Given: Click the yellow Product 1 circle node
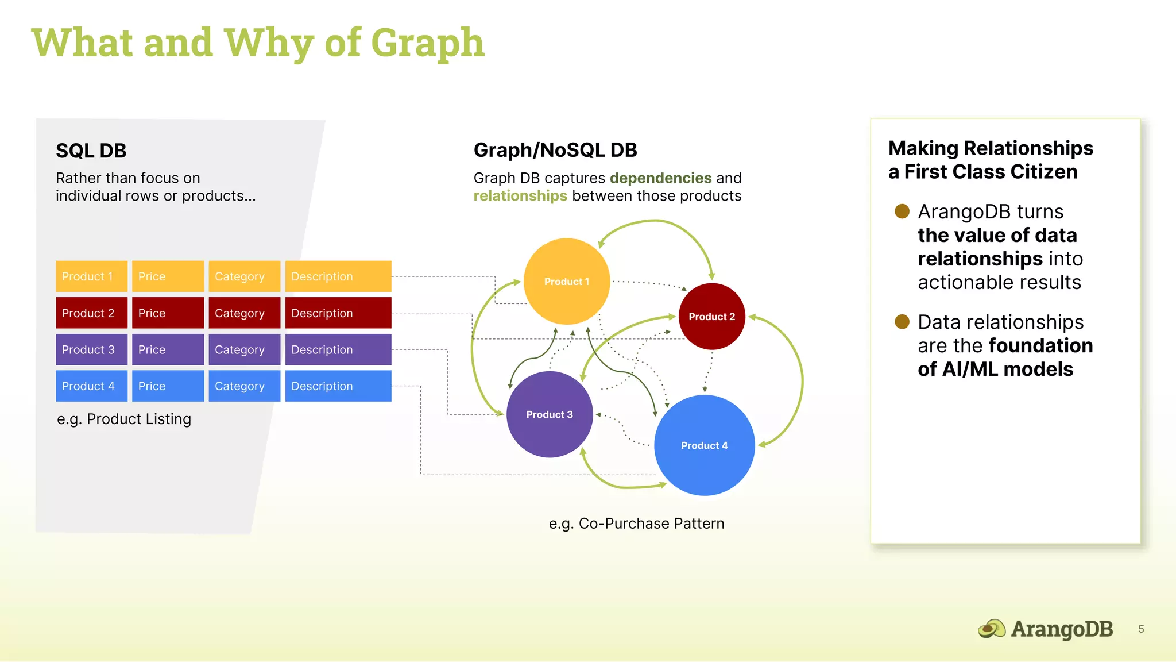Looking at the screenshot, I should [x=567, y=282].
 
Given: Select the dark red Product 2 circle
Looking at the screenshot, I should [x=711, y=317].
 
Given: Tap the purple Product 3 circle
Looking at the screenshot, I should [x=550, y=414].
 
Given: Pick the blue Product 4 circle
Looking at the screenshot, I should [x=704, y=445].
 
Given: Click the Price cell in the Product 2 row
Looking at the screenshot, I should [x=168, y=313].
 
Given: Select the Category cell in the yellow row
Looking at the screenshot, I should [x=244, y=276].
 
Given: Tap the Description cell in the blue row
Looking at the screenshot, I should [x=338, y=386].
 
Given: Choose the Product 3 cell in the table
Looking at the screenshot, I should [x=91, y=349].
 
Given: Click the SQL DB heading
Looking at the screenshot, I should [x=91, y=151].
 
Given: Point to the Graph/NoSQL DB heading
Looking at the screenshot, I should [x=555, y=150].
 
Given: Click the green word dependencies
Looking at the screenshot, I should [x=660, y=178].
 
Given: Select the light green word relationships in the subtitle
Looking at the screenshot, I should [x=520, y=196].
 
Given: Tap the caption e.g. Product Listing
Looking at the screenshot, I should [x=124, y=419].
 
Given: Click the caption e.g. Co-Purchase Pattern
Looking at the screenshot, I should [x=636, y=524].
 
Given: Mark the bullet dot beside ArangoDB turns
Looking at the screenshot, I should [x=902, y=211].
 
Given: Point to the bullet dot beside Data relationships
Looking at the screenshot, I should [x=902, y=322].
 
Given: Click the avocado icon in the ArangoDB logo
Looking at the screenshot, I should [x=992, y=629].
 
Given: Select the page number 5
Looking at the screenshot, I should [x=1141, y=629].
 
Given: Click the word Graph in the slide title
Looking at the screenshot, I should [x=428, y=43].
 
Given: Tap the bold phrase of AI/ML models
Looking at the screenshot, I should [x=995, y=369].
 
